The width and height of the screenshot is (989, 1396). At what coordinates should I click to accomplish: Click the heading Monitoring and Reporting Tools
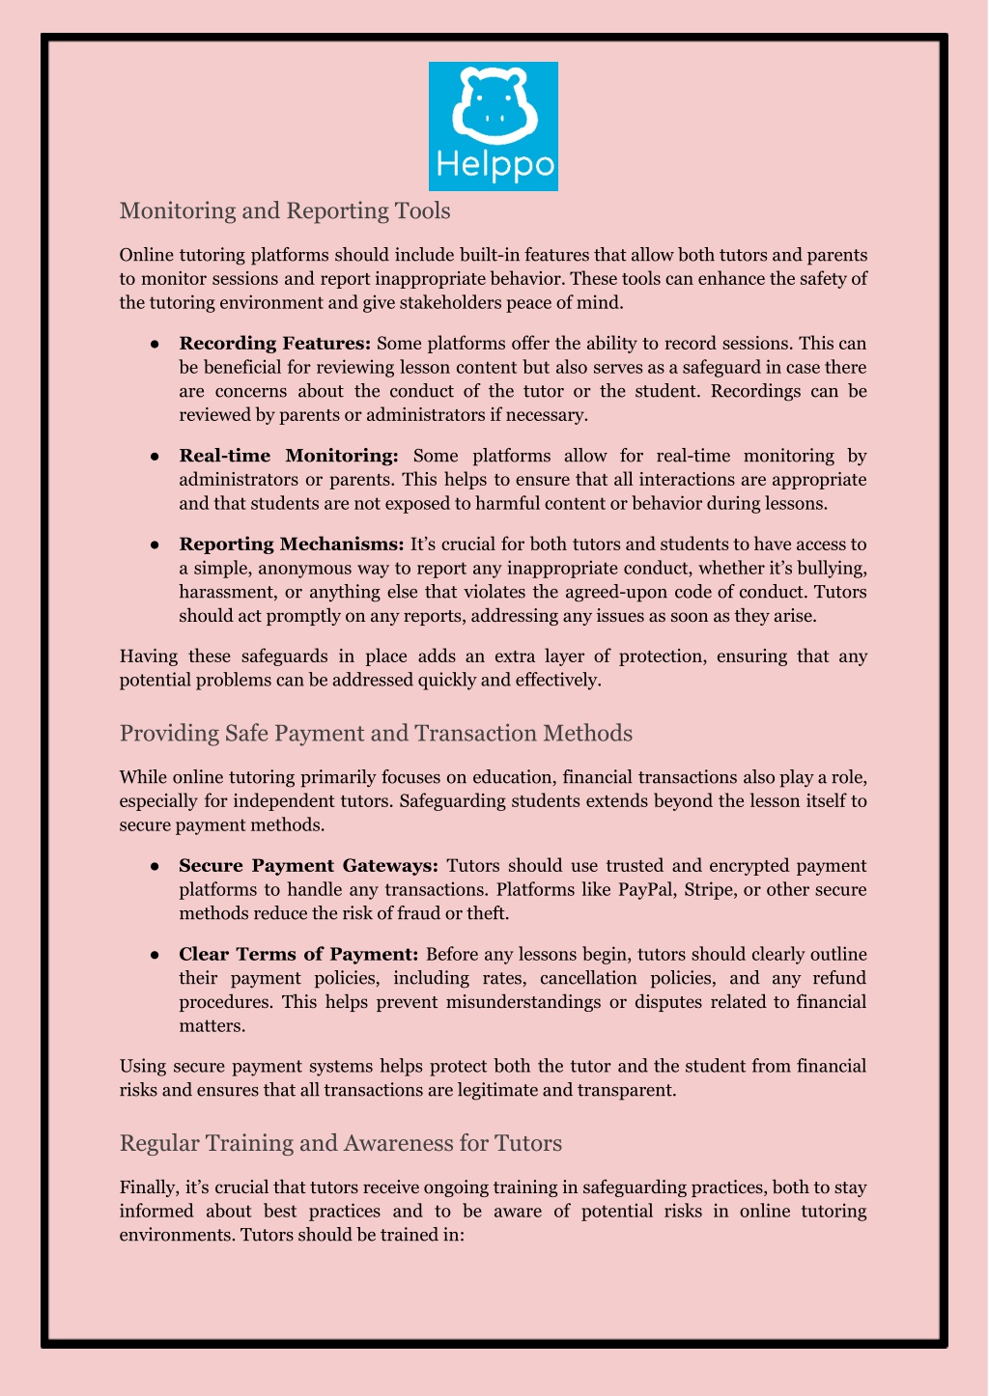(x=285, y=210)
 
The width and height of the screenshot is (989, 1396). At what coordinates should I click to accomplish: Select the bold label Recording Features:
(x=275, y=344)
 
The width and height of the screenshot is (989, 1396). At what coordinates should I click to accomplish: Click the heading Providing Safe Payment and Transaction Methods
(x=376, y=733)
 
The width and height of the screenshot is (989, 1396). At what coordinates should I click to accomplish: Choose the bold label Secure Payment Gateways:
(x=309, y=865)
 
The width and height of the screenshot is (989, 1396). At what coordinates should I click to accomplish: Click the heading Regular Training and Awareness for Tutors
(x=340, y=1143)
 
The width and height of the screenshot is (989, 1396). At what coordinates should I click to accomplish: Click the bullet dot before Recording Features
(x=154, y=345)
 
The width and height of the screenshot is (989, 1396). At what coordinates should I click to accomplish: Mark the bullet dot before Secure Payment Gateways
(x=154, y=866)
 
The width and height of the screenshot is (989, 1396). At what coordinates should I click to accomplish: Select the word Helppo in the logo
(x=494, y=165)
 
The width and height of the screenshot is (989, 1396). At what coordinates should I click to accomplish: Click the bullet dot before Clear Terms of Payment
(x=154, y=955)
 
